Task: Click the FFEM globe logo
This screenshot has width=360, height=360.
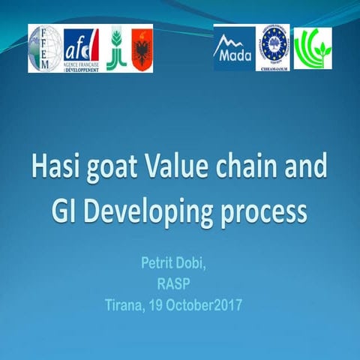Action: tap(46, 48)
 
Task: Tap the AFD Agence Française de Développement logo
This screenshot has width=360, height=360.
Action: tap(81, 49)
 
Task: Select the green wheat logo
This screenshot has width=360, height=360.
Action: tap(115, 48)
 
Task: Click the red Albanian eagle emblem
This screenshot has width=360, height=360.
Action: tap(142, 49)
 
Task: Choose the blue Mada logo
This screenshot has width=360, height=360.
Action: tap(233, 48)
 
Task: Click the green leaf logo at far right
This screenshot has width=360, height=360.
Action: tap(312, 48)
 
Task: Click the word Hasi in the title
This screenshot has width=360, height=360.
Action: tap(58, 166)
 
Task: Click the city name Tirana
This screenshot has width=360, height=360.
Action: tap(129, 306)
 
